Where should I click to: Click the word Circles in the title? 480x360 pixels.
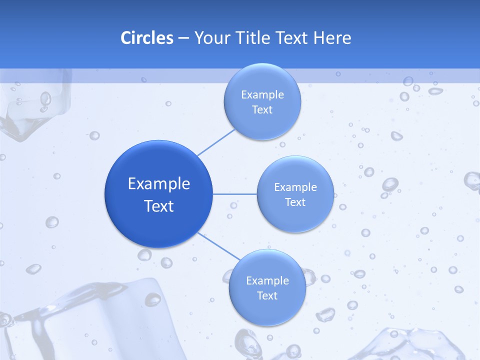click(x=146, y=38)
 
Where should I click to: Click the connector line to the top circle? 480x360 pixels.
click(x=216, y=142)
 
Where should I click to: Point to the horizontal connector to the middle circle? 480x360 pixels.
click(x=234, y=193)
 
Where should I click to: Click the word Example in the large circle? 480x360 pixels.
click(x=159, y=184)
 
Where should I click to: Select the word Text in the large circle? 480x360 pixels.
click(x=159, y=206)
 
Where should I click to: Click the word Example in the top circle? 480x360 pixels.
click(x=262, y=95)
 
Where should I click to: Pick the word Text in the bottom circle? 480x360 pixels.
click(x=267, y=295)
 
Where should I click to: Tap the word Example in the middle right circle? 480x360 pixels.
click(x=295, y=187)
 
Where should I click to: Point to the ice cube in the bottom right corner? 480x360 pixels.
click(x=410, y=345)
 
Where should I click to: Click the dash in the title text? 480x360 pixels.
click(x=183, y=38)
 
